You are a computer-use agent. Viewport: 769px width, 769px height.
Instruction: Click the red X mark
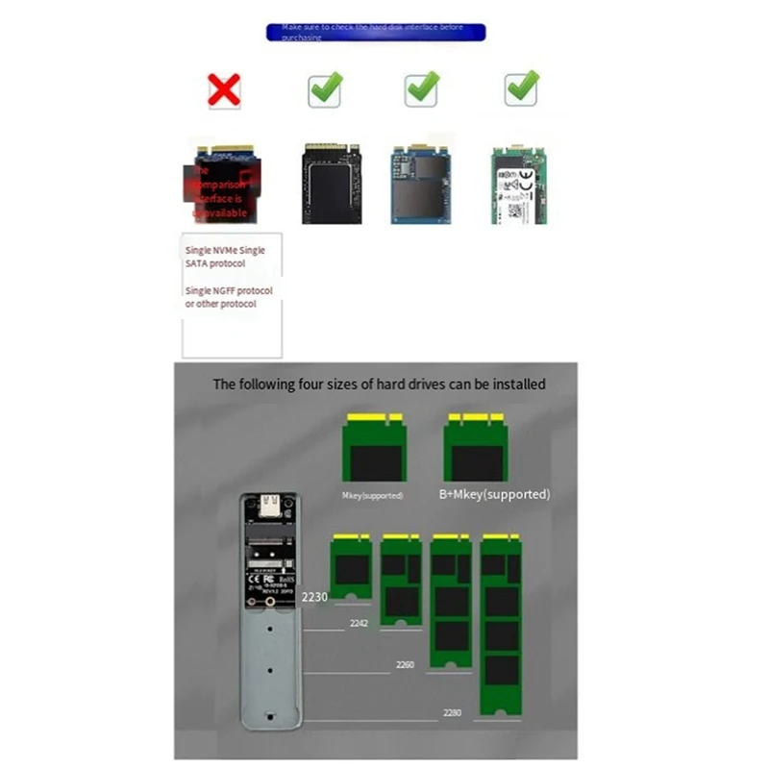[224, 90]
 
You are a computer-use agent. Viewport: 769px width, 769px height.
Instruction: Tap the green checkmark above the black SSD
[326, 89]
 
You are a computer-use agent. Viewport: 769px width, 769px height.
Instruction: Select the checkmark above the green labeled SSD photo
[522, 88]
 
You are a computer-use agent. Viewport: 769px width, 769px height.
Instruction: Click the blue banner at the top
[376, 33]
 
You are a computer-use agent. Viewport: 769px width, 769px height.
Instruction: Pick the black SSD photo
[332, 184]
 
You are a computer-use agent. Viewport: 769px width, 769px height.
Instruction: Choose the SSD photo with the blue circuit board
[421, 185]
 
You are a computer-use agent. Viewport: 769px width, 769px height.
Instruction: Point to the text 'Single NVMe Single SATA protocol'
[225, 257]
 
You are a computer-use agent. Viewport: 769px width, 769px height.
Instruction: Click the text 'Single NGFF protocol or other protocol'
[229, 297]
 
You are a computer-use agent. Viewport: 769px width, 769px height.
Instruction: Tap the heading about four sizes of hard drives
[379, 384]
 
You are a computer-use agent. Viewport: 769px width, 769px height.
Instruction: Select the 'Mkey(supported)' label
[372, 496]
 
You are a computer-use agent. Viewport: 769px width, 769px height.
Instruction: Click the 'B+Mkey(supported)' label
[494, 494]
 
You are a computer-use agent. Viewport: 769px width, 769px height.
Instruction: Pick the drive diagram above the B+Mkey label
[475, 449]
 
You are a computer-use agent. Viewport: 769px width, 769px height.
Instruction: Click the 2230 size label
[314, 597]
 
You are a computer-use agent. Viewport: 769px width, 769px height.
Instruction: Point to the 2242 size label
[359, 623]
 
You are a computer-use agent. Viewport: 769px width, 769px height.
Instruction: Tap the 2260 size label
[406, 664]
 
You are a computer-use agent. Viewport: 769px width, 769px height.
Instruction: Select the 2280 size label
[452, 712]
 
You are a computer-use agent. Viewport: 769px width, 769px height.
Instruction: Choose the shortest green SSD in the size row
[351, 566]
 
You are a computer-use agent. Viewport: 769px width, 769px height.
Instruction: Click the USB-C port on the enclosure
[269, 504]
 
